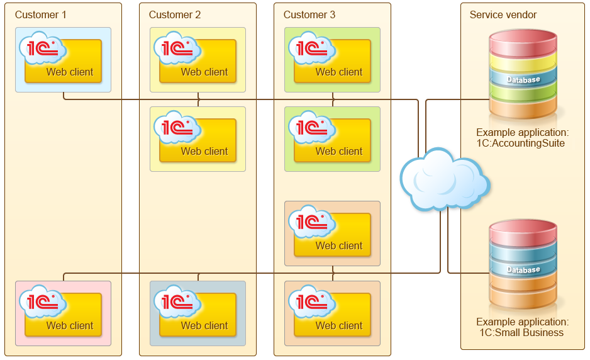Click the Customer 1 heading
41,14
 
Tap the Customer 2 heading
175,14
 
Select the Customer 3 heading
309,14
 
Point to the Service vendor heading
503,14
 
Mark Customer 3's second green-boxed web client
330,137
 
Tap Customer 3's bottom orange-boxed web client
330,311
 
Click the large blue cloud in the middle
445,179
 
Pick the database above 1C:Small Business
523,264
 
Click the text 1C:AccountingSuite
520,143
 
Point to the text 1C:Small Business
521,333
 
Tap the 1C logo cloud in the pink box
43,301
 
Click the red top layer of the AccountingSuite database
523,43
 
